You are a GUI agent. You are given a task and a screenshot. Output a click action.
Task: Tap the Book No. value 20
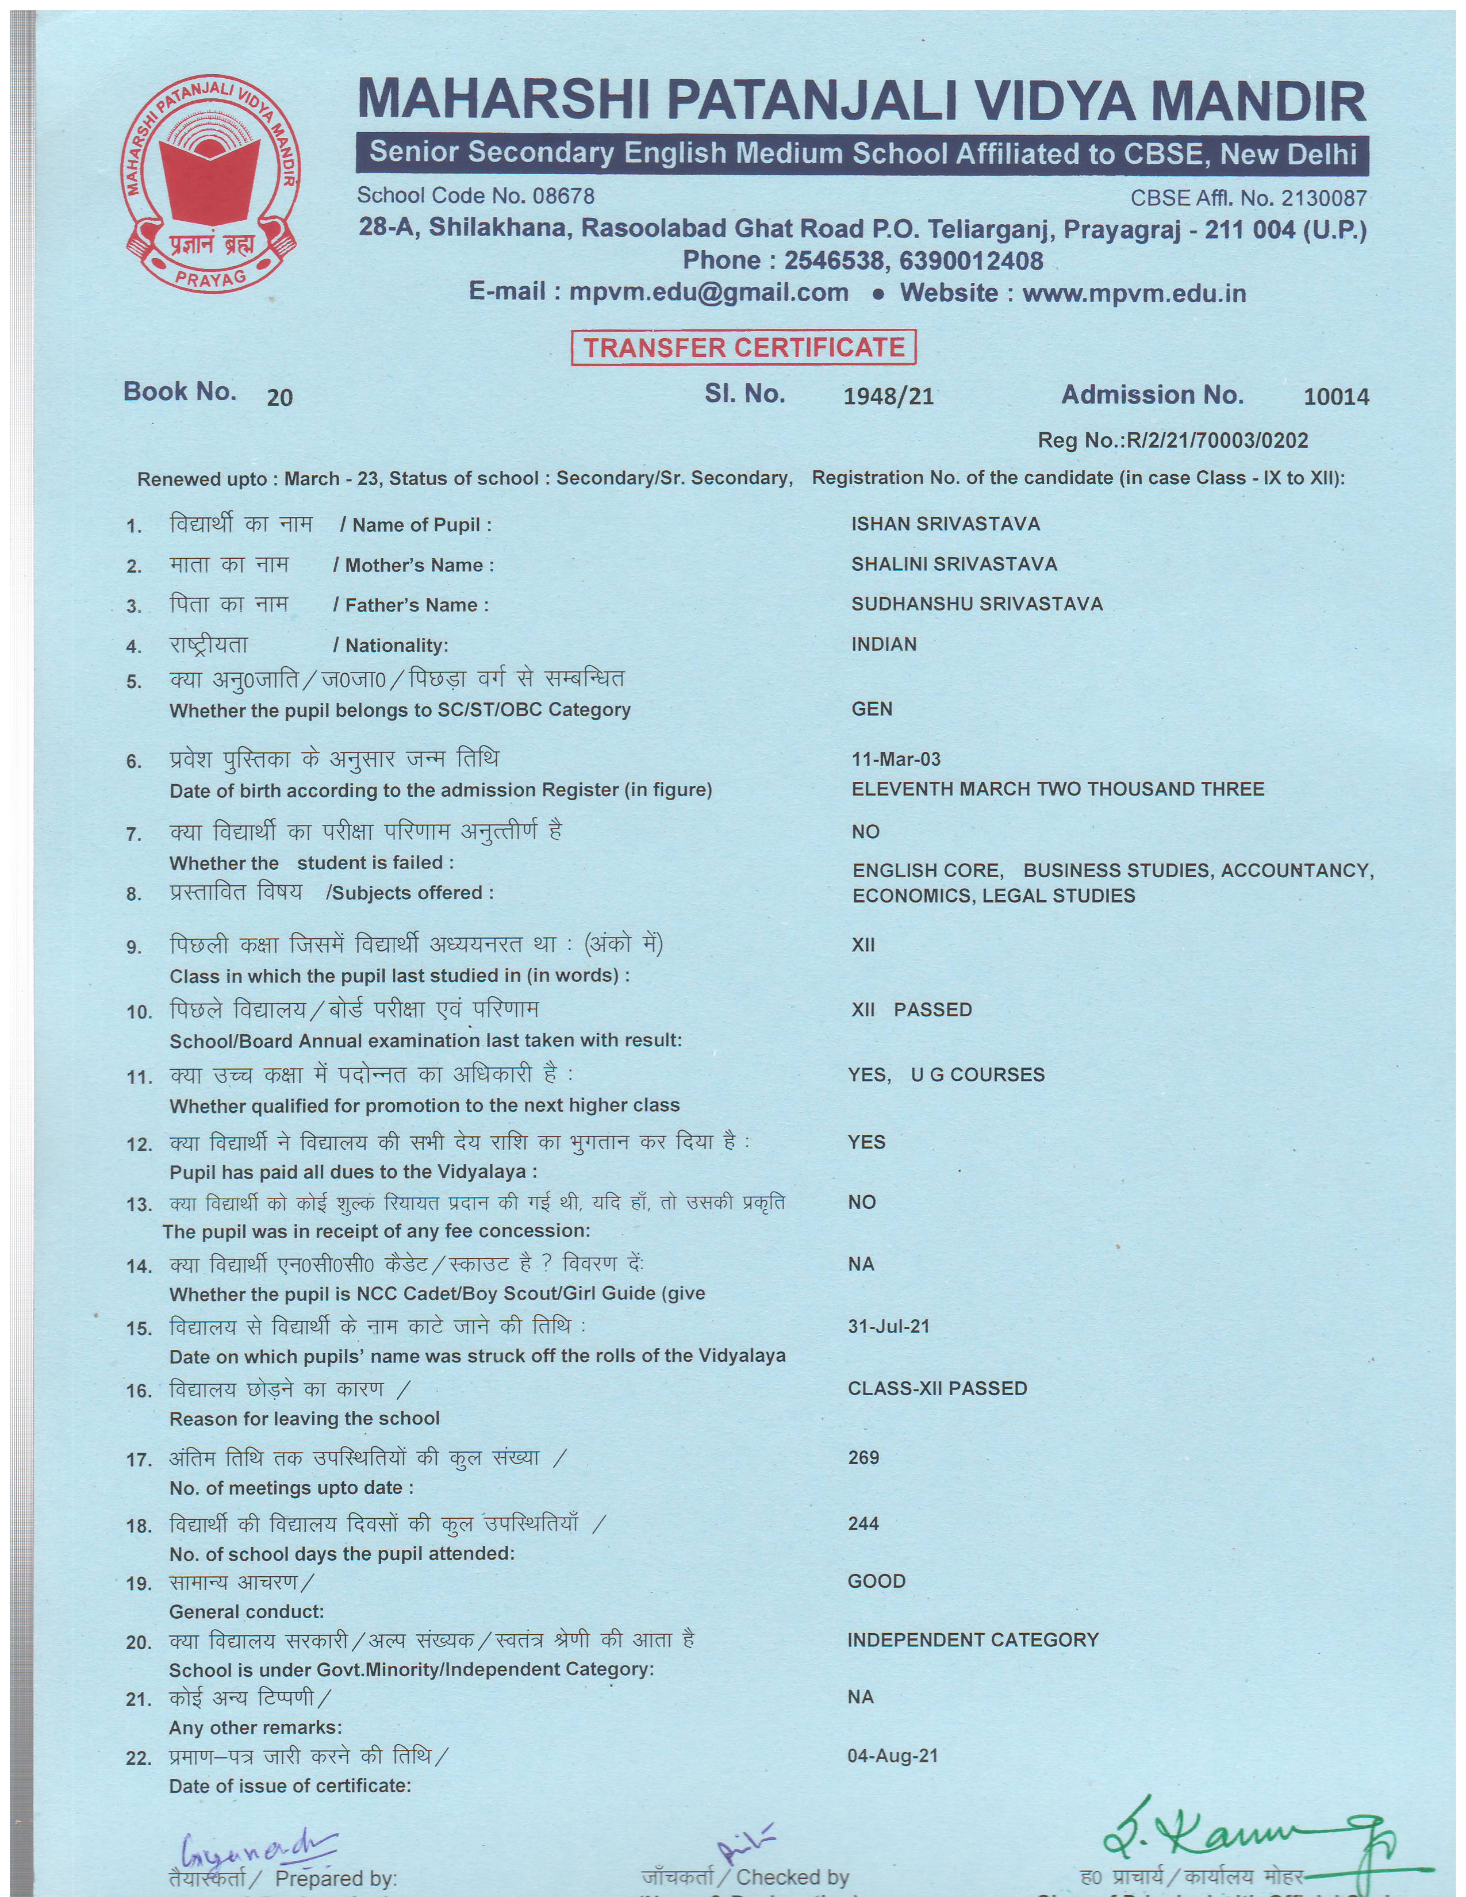pos(279,398)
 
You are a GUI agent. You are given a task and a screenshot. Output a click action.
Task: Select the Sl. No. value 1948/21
pos(888,397)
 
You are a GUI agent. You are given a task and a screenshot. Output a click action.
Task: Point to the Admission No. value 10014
pos(1335,397)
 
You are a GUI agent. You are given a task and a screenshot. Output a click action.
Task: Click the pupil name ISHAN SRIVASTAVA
pos(945,524)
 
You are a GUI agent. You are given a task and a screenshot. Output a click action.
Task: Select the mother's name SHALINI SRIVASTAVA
pos(954,564)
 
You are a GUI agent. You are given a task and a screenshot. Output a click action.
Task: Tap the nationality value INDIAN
pos(883,644)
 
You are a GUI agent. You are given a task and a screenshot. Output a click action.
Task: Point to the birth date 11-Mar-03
pos(895,759)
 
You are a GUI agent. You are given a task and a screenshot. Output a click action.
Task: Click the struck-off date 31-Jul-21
pos(888,1326)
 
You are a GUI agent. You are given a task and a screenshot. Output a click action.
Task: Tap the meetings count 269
pos(864,1457)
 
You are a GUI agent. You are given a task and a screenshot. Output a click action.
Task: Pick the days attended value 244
pos(864,1523)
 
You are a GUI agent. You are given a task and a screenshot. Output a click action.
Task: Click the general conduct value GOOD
pos(876,1581)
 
